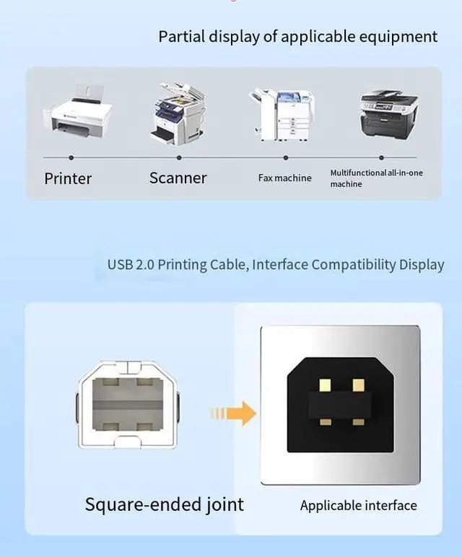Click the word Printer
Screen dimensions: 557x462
(68, 178)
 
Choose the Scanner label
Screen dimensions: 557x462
(178, 177)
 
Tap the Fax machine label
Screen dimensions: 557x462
(284, 178)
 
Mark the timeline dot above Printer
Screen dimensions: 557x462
(71, 157)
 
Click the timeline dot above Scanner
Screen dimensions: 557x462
(179, 157)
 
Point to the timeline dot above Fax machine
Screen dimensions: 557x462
(286, 157)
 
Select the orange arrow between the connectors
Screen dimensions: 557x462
(234, 413)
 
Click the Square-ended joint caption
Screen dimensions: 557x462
(165, 504)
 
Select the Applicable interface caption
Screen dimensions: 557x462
(358, 505)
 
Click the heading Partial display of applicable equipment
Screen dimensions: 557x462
(297, 36)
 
